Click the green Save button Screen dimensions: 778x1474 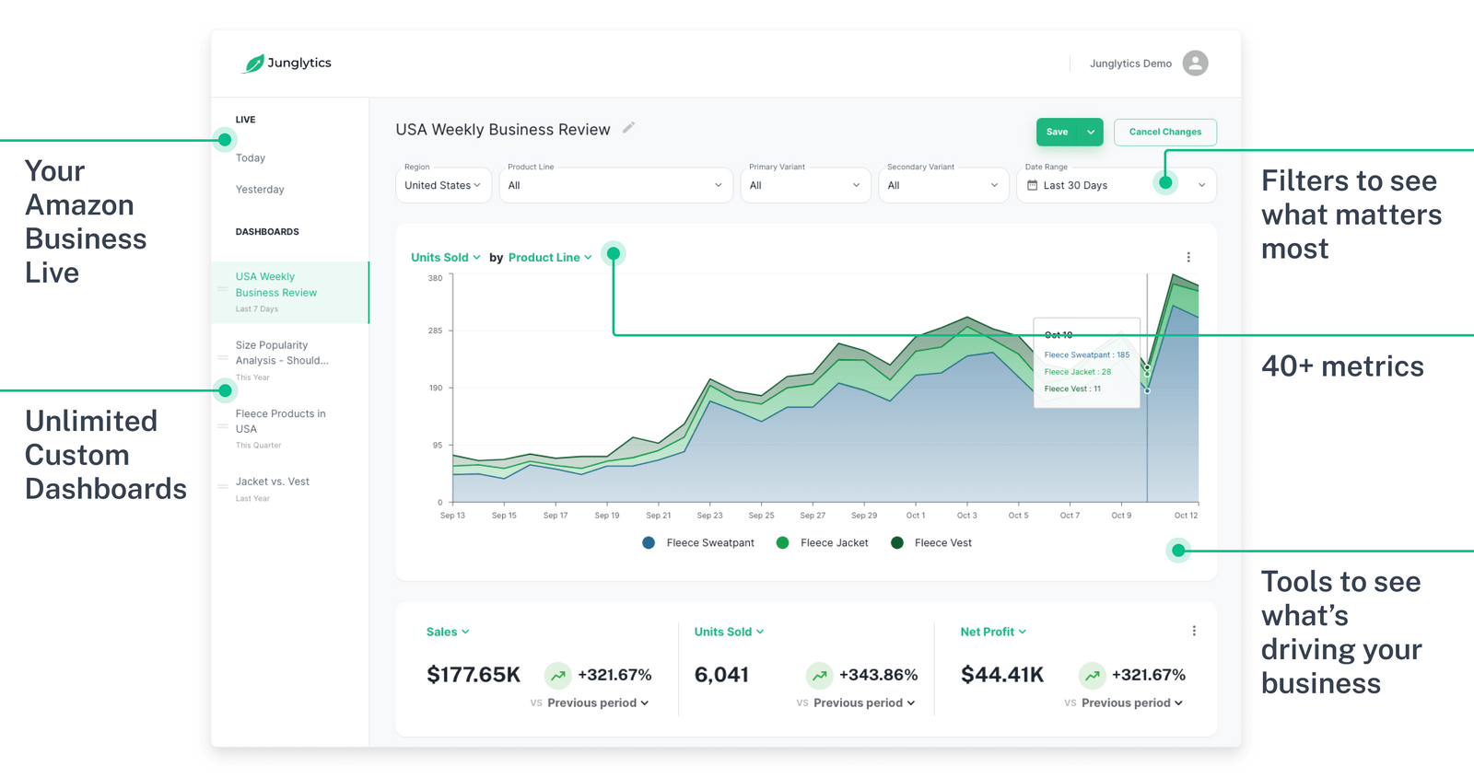(x=1058, y=132)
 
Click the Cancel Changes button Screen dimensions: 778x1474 (x=1164, y=132)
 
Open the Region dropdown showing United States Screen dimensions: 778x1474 (x=442, y=185)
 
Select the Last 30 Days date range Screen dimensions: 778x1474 (x=1075, y=185)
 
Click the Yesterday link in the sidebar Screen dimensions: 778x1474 (x=260, y=190)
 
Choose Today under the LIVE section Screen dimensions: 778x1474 (x=251, y=158)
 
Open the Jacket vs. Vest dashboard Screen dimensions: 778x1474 (x=272, y=482)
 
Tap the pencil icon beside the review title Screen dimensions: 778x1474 (x=628, y=128)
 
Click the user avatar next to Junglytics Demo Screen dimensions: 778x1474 (x=1195, y=63)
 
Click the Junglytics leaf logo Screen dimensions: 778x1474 (x=253, y=64)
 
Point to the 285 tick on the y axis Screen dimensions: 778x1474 (x=435, y=331)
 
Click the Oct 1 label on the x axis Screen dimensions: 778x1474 (x=915, y=516)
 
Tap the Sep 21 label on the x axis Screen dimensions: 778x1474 (x=659, y=516)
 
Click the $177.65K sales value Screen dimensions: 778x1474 (x=474, y=675)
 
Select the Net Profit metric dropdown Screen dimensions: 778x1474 (x=992, y=632)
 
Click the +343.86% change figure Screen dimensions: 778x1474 (x=878, y=675)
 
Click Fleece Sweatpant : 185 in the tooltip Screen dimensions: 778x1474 (x=1086, y=354)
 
